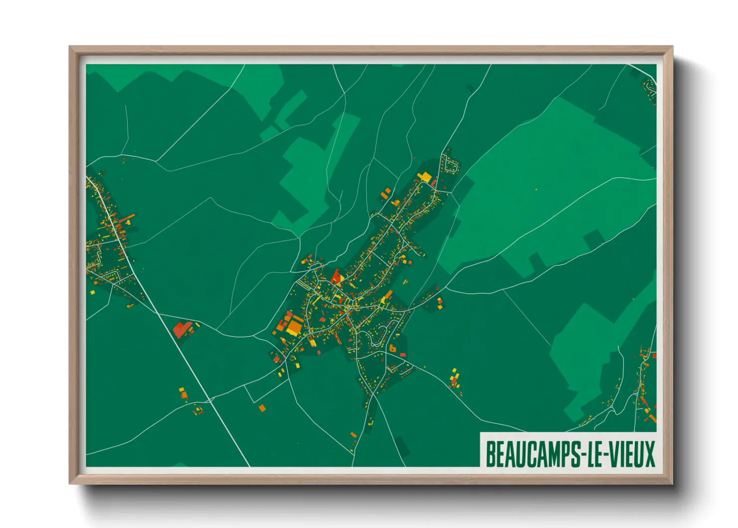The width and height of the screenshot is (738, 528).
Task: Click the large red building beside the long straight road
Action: [181, 329]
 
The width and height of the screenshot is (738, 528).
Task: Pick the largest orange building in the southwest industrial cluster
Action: [294, 327]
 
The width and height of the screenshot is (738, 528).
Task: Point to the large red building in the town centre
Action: [337, 276]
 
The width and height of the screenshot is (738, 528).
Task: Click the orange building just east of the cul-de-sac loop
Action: [392, 348]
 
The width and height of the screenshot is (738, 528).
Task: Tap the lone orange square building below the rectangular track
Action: [262, 408]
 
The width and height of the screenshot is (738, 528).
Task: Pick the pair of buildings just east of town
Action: [439, 304]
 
